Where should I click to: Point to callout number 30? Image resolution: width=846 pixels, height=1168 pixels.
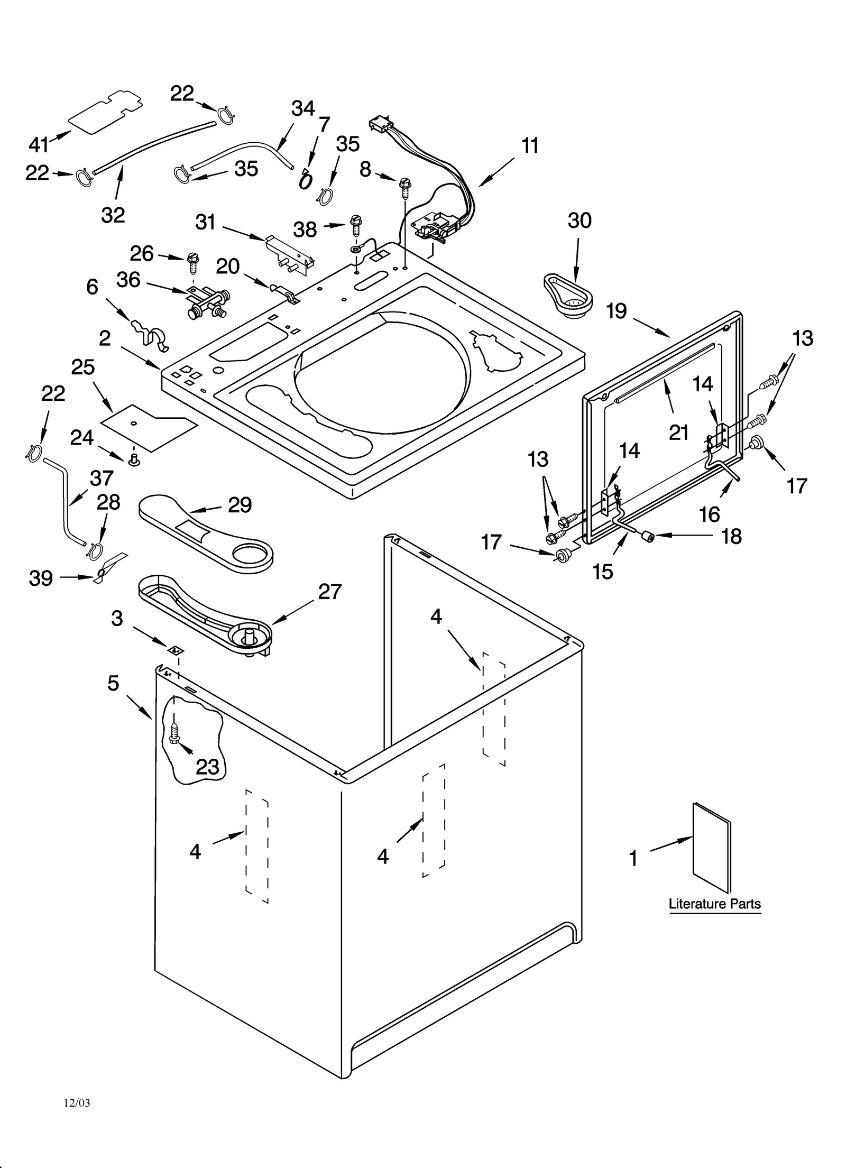click(x=579, y=220)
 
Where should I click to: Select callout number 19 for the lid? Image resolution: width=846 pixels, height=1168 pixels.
click(x=617, y=311)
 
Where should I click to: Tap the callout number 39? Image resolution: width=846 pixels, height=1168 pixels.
click(x=41, y=578)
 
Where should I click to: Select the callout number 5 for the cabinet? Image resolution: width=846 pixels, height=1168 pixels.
click(x=114, y=683)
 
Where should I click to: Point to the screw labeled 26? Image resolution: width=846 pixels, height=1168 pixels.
click(x=192, y=262)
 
